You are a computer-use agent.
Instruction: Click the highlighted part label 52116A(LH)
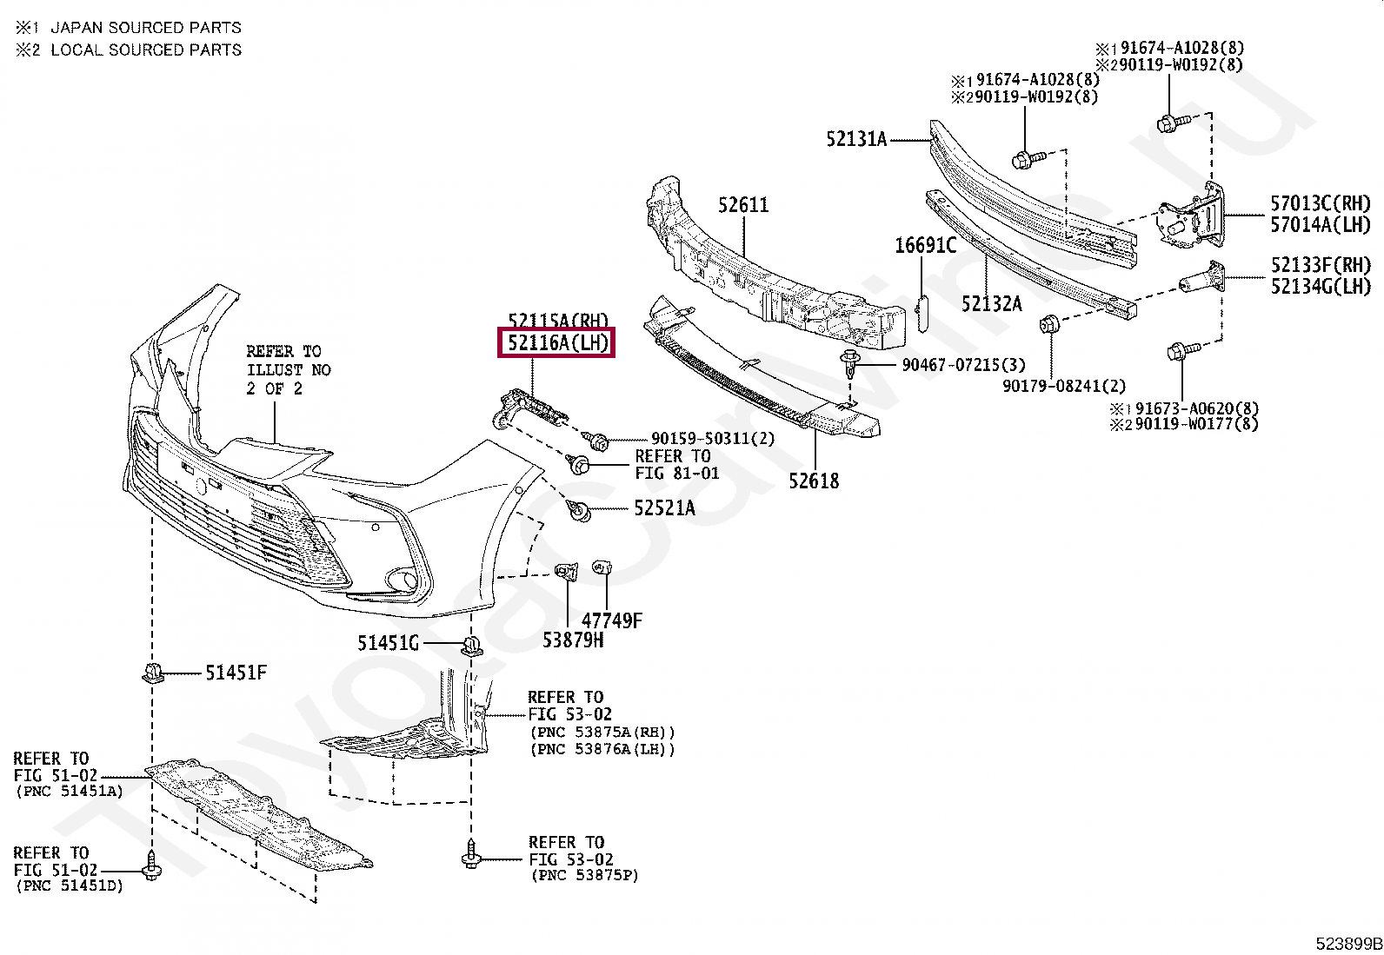pyautogui.click(x=556, y=343)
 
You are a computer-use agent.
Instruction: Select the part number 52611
pyautogui.click(x=743, y=206)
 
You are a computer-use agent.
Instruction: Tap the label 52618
pyautogui.click(x=815, y=481)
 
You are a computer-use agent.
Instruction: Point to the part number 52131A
pyautogui.click(x=856, y=139)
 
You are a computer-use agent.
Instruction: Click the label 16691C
pyautogui.click(x=925, y=246)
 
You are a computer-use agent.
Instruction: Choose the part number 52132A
pyautogui.click(x=991, y=303)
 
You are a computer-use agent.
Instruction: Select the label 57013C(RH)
pyautogui.click(x=1320, y=204)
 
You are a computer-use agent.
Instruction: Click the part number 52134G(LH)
pyautogui.click(x=1320, y=286)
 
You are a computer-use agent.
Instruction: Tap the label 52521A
pyautogui.click(x=664, y=509)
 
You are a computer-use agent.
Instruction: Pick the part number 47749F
pyautogui.click(x=611, y=621)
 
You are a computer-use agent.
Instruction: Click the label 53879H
pyautogui.click(x=572, y=641)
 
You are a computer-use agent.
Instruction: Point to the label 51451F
pyautogui.click(x=236, y=672)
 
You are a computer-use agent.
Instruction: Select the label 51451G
pyautogui.click(x=388, y=643)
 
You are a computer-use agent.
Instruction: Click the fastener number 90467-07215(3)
pyautogui.click(x=963, y=365)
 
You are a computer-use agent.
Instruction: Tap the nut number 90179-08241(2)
pyautogui.click(x=1063, y=385)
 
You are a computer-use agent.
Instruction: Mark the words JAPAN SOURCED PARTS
pyautogui.click(x=145, y=28)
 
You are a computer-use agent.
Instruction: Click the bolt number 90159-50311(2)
pyautogui.click(x=712, y=440)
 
